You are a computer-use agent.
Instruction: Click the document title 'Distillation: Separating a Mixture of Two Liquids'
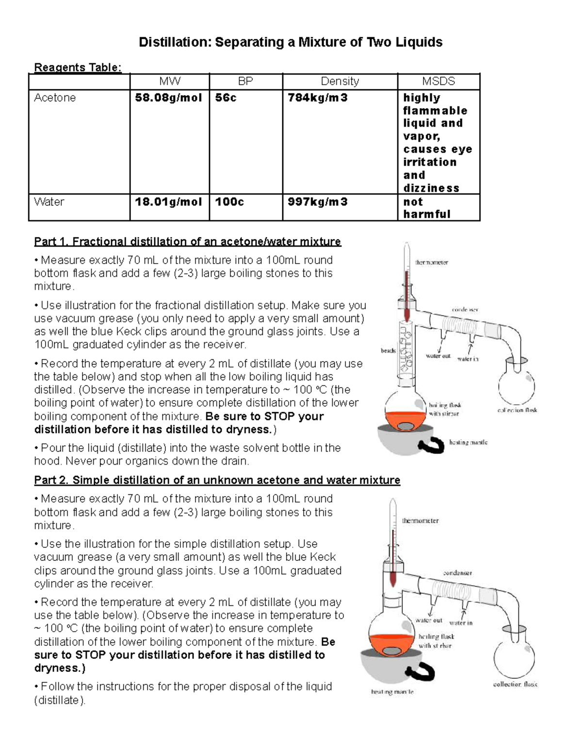click(x=291, y=42)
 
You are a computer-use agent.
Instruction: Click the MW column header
click(x=170, y=82)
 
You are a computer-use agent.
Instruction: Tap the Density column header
click(x=339, y=82)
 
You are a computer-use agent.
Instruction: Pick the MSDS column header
click(x=438, y=82)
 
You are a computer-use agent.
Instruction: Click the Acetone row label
click(x=55, y=98)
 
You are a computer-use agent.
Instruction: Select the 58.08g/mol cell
click(x=168, y=98)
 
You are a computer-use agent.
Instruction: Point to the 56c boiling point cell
click(x=226, y=98)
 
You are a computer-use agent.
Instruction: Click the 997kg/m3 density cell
click(x=318, y=202)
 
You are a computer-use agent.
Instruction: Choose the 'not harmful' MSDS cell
click(x=427, y=208)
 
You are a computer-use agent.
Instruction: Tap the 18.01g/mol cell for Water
click(x=168, y=202)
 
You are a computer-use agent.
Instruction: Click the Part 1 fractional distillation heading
click(x=187, y=241)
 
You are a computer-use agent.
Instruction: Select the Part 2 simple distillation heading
click(x=217, y=480)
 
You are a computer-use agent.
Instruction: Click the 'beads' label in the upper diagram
click(x=388, y=350)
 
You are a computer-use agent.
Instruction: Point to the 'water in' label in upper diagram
click(x=468, y=359)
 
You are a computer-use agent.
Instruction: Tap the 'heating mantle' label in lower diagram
click(x=392, y=692)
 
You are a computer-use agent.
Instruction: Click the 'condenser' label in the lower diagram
click(x=457, y=573)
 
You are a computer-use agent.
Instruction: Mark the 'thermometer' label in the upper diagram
click(x=431, y=262)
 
